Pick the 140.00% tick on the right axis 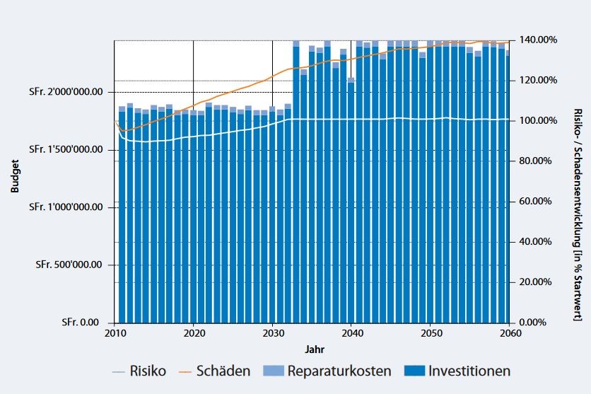coord(538,40)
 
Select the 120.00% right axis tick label coord(538,80)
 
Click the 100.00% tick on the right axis coord(538,120)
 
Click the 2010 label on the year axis coord(115,333)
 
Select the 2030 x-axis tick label coord(273,333)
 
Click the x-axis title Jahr coord(315,349)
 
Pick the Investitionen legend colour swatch coord(417,371)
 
